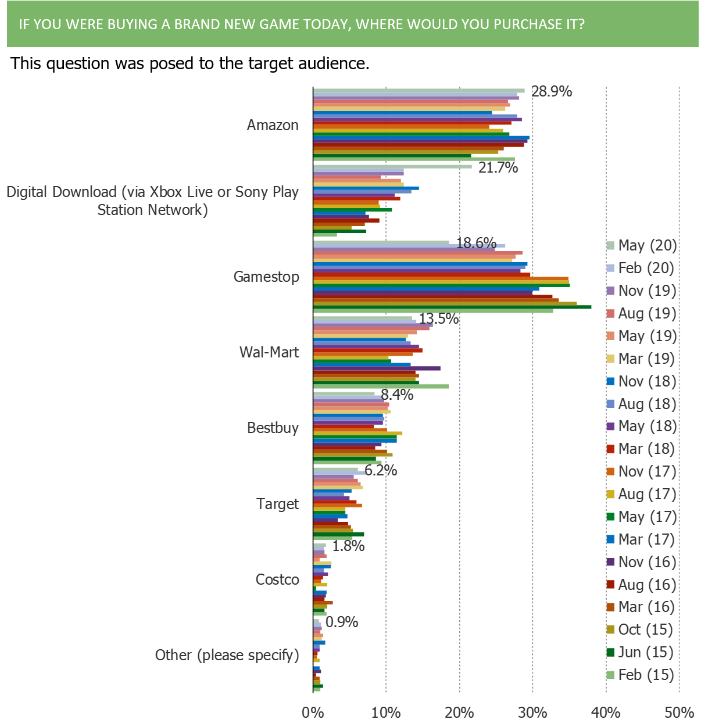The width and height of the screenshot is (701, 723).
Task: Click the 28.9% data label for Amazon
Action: (552, 91)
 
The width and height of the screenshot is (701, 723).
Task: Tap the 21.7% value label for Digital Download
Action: (498, 168)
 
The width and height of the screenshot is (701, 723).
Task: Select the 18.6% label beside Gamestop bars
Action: (476, 243)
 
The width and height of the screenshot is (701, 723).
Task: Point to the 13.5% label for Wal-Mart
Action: (439, 318)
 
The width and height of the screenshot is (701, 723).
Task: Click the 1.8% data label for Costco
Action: (348, 546)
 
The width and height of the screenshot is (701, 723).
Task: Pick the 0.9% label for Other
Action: (342, 622)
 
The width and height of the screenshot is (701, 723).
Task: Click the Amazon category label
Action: (273, 125)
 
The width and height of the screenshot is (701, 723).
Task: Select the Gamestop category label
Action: (266, 277)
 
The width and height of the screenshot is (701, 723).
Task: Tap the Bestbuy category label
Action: (273, 428)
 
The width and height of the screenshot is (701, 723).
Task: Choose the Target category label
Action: (277, 504)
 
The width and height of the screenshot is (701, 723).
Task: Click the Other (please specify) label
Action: (227, 655)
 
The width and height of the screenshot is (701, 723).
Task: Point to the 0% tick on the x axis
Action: (313, 713)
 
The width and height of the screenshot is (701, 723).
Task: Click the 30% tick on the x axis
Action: (533, 713)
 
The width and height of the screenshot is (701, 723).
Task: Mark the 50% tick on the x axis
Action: (679, 713)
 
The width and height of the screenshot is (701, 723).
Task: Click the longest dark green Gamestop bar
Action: (453, 306)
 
